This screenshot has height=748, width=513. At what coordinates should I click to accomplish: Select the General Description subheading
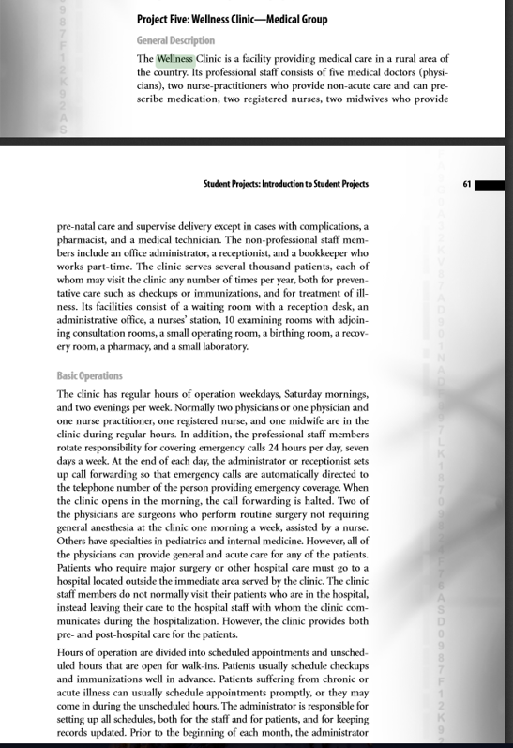click(175, 40)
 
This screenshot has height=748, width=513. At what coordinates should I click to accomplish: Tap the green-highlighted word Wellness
click(174, 58)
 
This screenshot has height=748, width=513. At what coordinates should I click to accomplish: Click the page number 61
click(466, 184)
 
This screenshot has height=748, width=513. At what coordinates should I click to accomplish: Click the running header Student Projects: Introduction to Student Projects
click(286, 184)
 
